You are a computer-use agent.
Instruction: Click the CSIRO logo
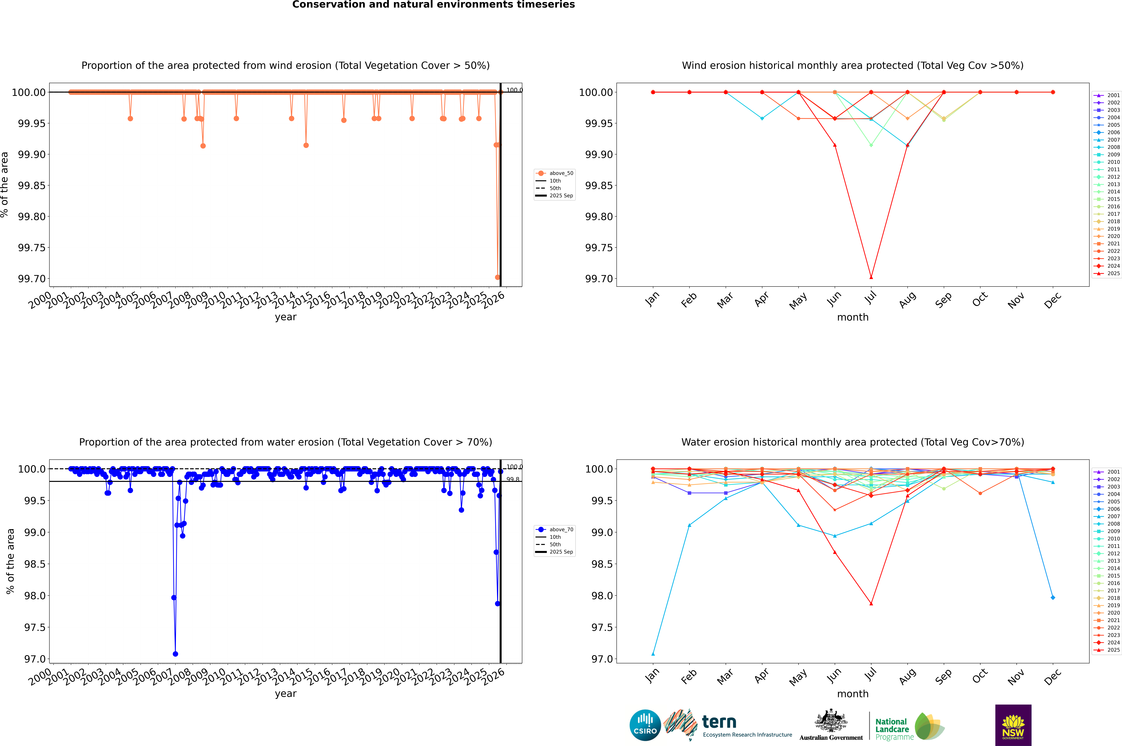point(645,725)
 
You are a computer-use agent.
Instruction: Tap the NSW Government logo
point(1013,725)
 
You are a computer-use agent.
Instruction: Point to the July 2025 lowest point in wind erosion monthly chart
point(871,277)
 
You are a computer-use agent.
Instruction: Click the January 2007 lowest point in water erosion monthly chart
point(653,654)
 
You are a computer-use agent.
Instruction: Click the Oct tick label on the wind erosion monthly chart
point(980,300)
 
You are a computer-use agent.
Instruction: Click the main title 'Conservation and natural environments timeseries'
point(433,5)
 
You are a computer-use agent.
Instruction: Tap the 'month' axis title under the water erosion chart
point(852,694)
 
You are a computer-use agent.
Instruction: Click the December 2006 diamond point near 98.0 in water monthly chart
point(1053,598)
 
